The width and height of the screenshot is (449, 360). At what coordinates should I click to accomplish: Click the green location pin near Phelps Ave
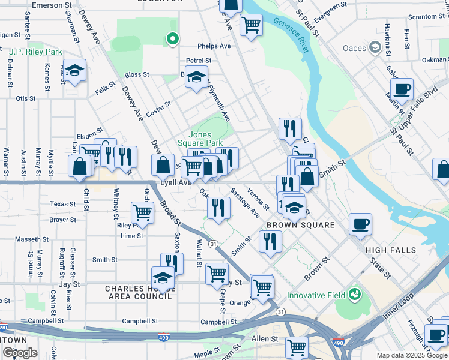pyautogui.click(x=173, y=40)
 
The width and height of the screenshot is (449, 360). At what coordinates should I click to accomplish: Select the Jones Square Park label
pyautogui.click(x=205, y=139)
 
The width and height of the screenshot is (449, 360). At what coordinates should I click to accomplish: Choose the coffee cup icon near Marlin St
pyautogui.click(x=402, y=90)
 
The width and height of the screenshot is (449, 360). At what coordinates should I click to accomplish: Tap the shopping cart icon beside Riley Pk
pyautogui.click(x=142, y=212)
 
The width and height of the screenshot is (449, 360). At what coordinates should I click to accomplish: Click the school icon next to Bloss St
pyautogui.click(x=196, y=77)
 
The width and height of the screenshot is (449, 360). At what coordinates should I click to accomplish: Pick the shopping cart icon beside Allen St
pyautogui.click(x=297, y=347)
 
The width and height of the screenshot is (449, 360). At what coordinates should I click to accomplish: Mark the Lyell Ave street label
pyautogui.click(x=175, y=182)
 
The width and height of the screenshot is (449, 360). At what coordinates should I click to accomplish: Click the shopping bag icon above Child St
pyautogui.click(x=80, y=167)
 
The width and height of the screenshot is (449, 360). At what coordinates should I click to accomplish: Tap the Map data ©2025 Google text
pyautogui.click(x=412, y=355)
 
